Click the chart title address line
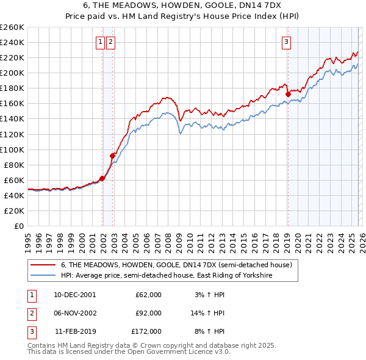tap(183, 5)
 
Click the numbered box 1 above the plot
tap(99, 42)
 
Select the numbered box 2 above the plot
tap(110, 42)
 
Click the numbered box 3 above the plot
tap(286, 42)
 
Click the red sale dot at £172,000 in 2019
tap(287, 94)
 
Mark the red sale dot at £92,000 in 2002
tap(112, 156)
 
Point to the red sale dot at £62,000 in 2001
tap(102, 178)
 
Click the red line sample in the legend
tap(43, 265)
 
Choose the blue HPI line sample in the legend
tap(43, 275)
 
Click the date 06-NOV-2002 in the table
tap(75, 313)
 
